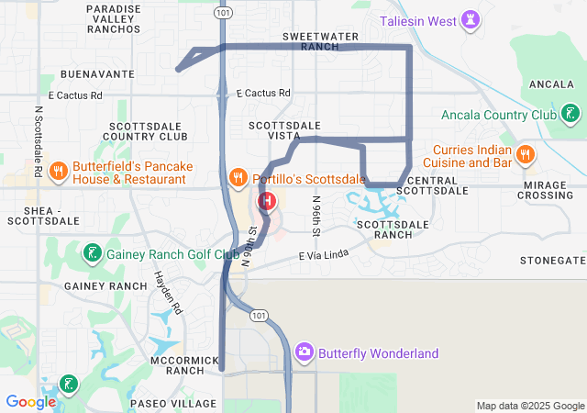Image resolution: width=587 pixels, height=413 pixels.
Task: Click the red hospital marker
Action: click(267, 200)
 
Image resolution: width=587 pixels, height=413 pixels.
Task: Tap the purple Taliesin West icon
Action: click(471, 19)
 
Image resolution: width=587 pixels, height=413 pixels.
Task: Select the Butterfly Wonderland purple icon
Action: click(305, 352)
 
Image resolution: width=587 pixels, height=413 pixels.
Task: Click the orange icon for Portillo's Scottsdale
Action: click(237, 176)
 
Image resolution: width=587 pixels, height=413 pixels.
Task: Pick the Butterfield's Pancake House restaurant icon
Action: click(57, 170)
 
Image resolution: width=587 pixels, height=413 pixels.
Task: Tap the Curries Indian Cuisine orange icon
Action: click(526, 154)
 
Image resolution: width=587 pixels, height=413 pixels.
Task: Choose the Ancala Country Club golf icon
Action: click(570, 115)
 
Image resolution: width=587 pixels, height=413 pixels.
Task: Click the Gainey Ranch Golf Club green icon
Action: click(93, 252)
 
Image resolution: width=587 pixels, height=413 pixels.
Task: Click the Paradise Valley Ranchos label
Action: click(114, 18)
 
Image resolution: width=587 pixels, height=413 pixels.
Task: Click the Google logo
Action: click(30, 402)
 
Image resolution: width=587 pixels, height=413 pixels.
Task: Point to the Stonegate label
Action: click(552, 260)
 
